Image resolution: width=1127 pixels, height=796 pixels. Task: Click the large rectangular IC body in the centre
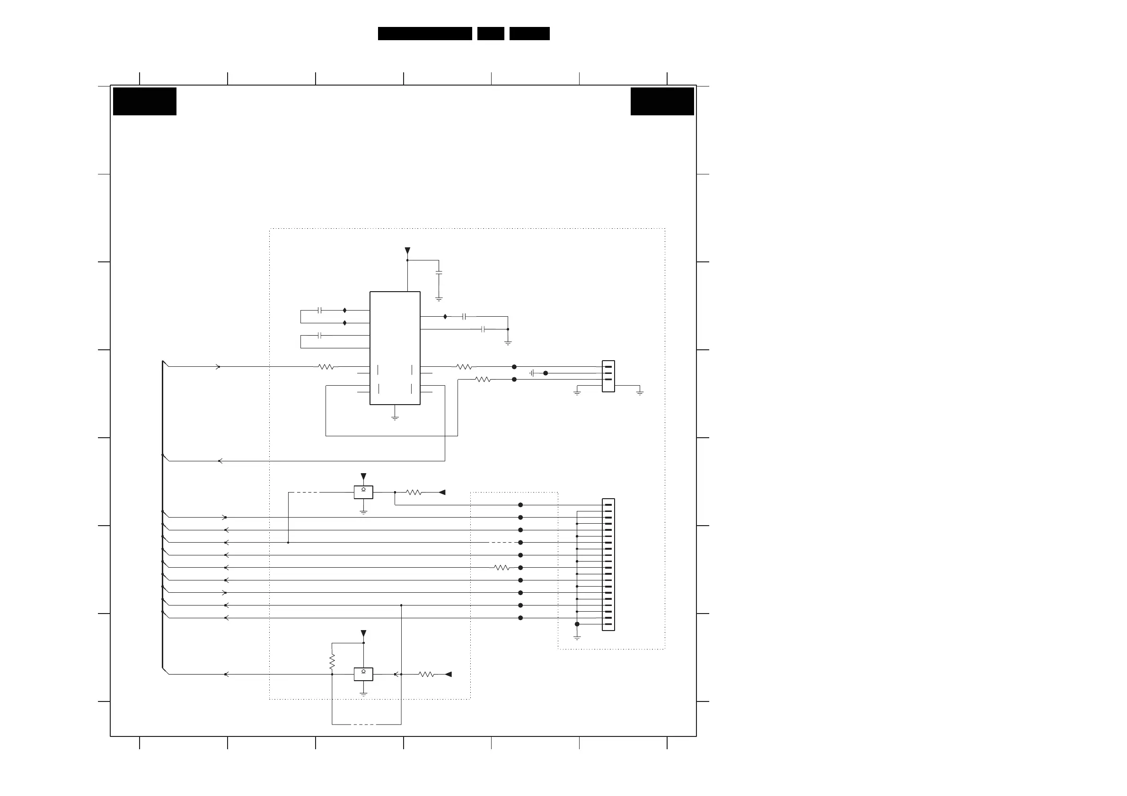(395, 348)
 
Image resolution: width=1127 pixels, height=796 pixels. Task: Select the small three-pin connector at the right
(608, 376)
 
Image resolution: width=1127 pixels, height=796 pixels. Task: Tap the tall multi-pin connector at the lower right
(608, 564)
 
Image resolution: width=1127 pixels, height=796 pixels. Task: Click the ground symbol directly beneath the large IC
(395, 418)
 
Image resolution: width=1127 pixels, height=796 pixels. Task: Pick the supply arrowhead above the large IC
(407, 251)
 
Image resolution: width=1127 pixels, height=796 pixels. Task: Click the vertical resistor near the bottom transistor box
(332, 661)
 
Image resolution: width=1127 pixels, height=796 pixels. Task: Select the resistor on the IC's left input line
(326, 367)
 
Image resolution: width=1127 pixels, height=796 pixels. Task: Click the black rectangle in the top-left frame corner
(144, 102)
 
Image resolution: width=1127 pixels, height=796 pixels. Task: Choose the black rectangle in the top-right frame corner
(662, 102)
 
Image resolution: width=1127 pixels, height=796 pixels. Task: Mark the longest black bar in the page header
(424, 34)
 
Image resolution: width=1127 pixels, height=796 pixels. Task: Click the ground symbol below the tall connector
(577, 637)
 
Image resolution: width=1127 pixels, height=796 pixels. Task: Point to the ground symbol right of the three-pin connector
(640, 392)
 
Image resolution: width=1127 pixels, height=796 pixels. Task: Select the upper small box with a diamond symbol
(363, 492)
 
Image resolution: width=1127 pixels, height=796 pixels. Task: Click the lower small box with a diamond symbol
(363, 674)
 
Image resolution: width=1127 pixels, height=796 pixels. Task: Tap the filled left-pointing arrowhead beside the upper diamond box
(442, 492)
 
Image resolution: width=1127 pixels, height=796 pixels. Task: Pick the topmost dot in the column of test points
(520, 505)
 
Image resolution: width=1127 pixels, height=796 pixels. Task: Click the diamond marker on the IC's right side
(445, 317)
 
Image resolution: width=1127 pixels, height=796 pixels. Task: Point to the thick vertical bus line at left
(162, 515)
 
